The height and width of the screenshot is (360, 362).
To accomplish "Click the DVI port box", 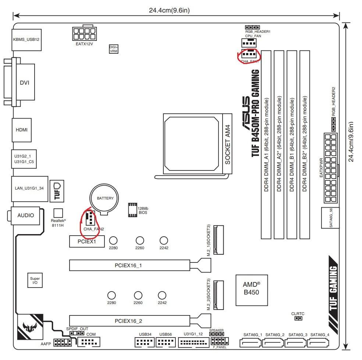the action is tap(25, 82).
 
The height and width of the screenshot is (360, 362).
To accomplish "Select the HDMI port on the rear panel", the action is tap(22, 130).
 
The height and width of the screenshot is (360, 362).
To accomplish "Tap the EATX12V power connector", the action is tap(85, 33).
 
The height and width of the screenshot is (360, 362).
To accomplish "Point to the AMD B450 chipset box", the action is tap(252, 290).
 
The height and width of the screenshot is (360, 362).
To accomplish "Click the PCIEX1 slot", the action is tap(87, 241).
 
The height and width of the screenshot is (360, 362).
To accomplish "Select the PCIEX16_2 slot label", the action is tap(128, 321).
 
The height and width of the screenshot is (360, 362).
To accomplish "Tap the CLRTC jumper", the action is tap(298, 318).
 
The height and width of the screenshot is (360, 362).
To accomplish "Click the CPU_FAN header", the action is tap(249, 43).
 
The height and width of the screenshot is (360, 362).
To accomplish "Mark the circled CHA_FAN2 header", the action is tap(90, 218).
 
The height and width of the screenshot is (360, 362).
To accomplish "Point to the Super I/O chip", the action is tap(35, 280).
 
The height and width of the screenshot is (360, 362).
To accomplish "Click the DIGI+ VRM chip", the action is tap(114, 49).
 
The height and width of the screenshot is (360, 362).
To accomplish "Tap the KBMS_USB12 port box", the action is tap(26, 40).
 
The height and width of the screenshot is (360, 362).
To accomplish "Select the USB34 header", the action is tap(145, 342).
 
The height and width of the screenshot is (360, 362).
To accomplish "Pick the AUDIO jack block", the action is tap(25, 216).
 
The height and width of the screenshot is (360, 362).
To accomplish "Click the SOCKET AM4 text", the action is tap(228, 145).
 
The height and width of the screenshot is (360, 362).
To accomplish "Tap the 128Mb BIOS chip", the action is tap(133, 210).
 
